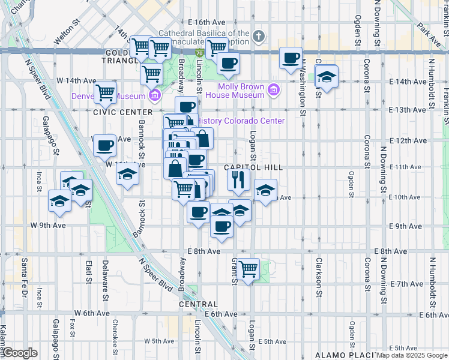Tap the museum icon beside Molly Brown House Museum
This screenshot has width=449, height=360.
pyautogui.click(x=274, y=91)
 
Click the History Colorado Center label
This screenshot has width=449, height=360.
pyautogui.click(x=241, y=121)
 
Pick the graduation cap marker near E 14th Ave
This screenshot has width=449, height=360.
pyautogui.click(x=327, y=77)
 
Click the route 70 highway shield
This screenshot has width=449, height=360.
pyautogui.click(x=199, y=53)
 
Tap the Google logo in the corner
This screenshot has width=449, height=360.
pyautogui.click(x=20, y=353)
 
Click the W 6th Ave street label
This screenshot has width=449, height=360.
pyautogui.click(x=92, y=313)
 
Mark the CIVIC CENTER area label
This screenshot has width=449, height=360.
pyautogui.click(x=123, y=112)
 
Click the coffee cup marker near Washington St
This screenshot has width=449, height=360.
pyautogui.click(x=292, y=58)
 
